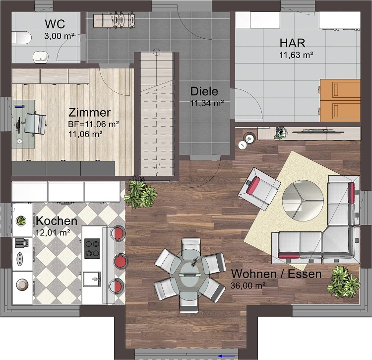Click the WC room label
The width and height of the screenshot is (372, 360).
coord(55,24)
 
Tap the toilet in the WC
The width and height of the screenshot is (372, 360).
coord(21,37)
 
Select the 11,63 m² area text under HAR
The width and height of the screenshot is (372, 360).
coord(296,55)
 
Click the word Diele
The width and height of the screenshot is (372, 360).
coord(204,92)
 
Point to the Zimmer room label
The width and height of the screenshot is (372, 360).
coord(90,112)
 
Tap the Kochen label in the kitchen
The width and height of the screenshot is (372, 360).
coord(56,221)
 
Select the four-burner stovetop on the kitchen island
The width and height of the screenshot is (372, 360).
coord(92,248)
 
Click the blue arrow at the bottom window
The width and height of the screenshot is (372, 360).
coord(228,355)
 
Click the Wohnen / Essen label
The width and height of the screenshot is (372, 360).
coord(276,274)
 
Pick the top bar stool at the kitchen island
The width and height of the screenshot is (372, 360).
coord(119,233)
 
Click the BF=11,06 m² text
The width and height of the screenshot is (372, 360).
coord(93,124)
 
